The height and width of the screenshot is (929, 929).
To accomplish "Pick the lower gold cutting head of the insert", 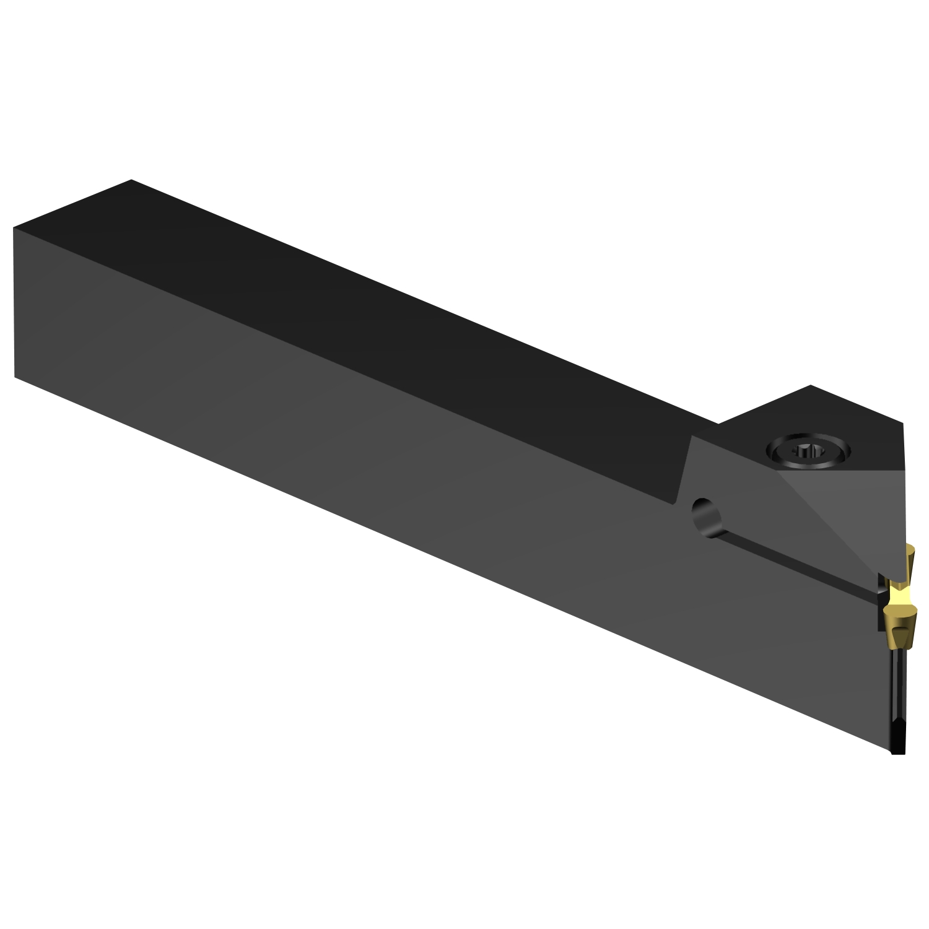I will point(900,629).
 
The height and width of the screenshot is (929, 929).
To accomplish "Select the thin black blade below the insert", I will point(898,694).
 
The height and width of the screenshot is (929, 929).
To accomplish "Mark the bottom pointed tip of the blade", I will point(898,753).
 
